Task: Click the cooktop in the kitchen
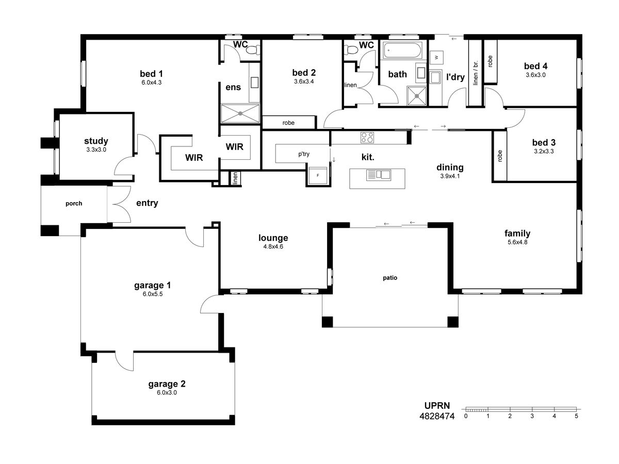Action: pos(367,138)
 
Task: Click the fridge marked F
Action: pos(318,175)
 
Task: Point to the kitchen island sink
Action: pos(379,175)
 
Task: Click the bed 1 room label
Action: pos(152,74)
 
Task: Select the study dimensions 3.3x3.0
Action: pos(96,150)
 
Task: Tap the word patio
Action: pos(390,278)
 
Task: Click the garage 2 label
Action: pos(167,384)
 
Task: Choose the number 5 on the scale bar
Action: pos(576,416)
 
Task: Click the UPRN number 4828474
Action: pos(437,416)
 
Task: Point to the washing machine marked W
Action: pos(436,57)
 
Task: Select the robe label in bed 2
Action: pos(288,123)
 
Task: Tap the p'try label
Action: pos(304,154)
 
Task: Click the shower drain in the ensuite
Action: pos(240,113)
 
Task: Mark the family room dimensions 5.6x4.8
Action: pos(517,242)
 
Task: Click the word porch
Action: pos(74,204)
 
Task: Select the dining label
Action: pos(450,168)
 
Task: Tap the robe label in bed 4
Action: pos(490,61)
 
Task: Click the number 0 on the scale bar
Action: pos(466,416)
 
